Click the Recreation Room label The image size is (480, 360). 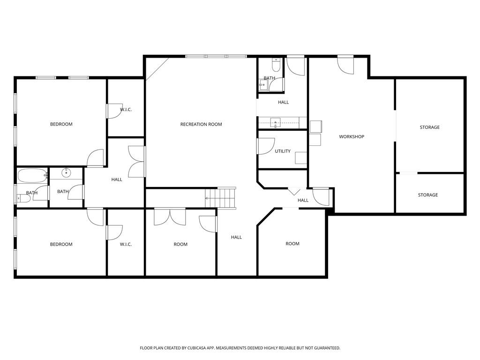point(201,124)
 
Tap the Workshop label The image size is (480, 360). point(352,136)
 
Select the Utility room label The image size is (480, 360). point(283,151)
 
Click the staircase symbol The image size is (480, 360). point(220,198)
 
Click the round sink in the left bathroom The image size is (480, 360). point(66,173)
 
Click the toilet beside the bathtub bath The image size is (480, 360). point(24,199)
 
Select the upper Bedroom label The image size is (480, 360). point(61,124)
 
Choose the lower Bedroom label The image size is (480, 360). point(61,244)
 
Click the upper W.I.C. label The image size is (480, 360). point(126,110)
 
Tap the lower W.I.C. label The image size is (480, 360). point(126,244)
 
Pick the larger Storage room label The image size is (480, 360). point(429,127)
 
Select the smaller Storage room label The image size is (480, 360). point(428,195)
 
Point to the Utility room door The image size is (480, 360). point(266,146)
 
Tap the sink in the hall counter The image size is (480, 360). point(276,123)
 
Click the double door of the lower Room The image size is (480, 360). point(170,217)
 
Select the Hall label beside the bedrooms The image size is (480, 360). point(117,180)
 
